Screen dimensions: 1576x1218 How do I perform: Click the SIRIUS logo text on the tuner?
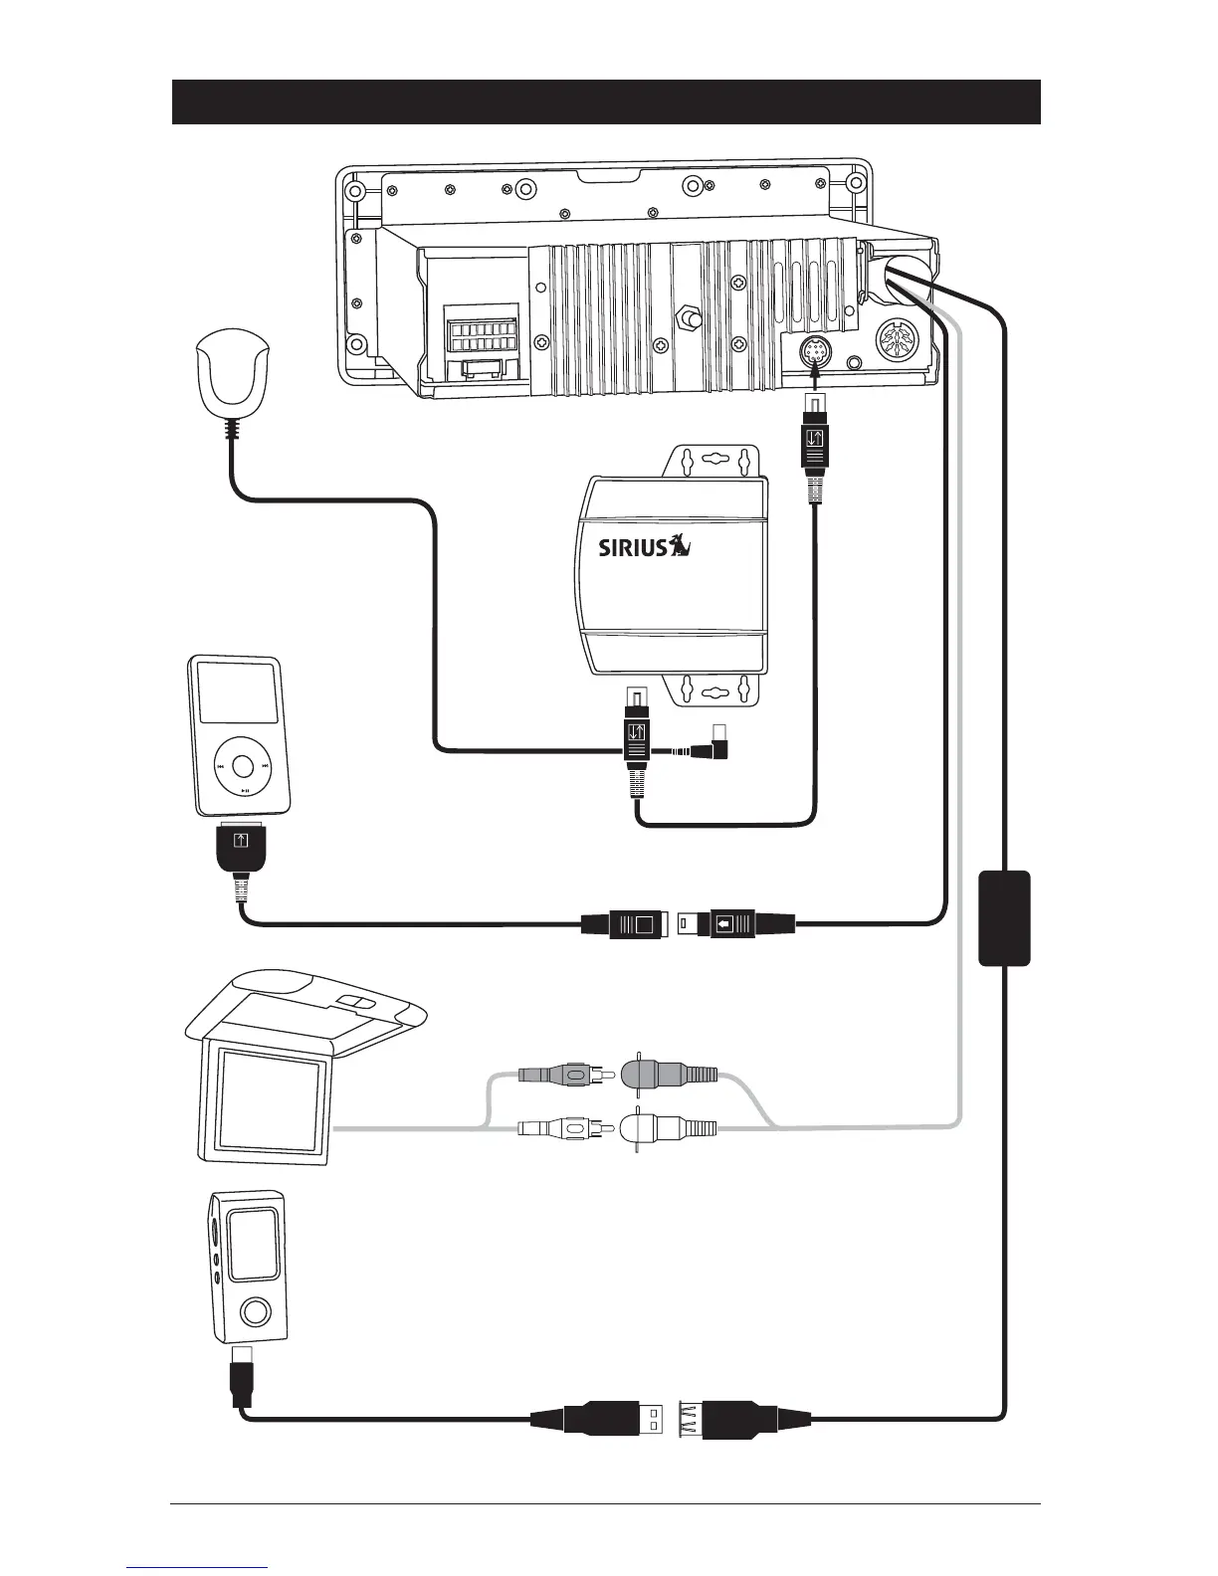pyautogui.click(x=632, y=548)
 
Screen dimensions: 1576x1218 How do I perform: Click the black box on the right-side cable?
pyautogui.click(x=1003, y=917)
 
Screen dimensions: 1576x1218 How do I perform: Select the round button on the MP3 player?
pyautogui.click(x=255, y=1311)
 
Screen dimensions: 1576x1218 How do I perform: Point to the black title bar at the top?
pyautogui.click(x=606, y=101)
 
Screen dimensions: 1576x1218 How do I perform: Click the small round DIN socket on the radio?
pyautogui.click(x=815, y=352)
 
